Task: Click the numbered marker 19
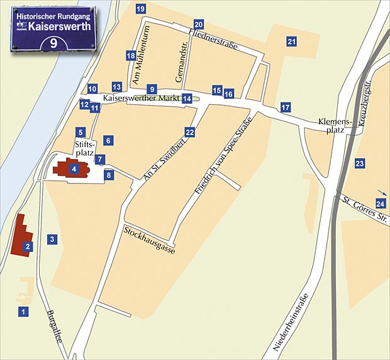pos(140,9)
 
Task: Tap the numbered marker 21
pos(291,41)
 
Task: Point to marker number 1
pos(23,311)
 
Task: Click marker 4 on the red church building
pos(74,168)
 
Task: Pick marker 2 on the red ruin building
pos(28,247)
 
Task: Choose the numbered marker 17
pos(286,107)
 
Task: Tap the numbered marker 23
pos(360,164)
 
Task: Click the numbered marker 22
pos(190,132)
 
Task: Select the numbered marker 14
pos(187,99)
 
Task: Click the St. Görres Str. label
pos(365,210)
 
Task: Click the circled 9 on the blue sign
pos(54,43)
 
